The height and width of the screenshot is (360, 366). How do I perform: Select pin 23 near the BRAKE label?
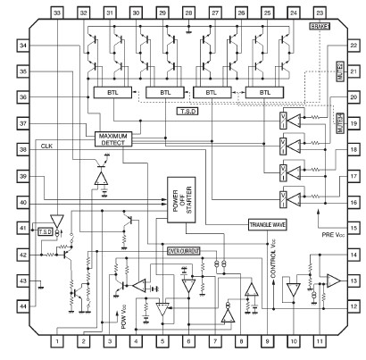point(320,13)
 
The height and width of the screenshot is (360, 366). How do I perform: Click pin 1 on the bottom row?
point(57,340)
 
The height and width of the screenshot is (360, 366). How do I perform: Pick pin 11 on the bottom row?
point(320,340)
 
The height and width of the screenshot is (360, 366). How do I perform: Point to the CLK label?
point(46,146)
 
